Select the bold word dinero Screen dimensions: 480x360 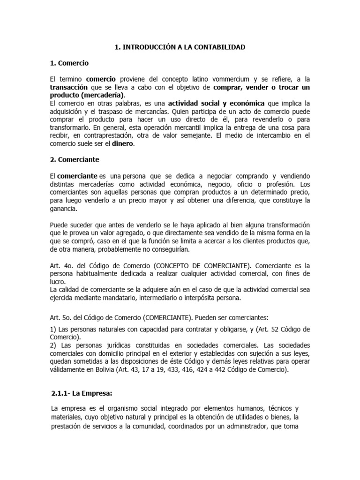122,144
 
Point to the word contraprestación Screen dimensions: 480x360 102,136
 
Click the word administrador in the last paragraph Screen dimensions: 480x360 248,426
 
